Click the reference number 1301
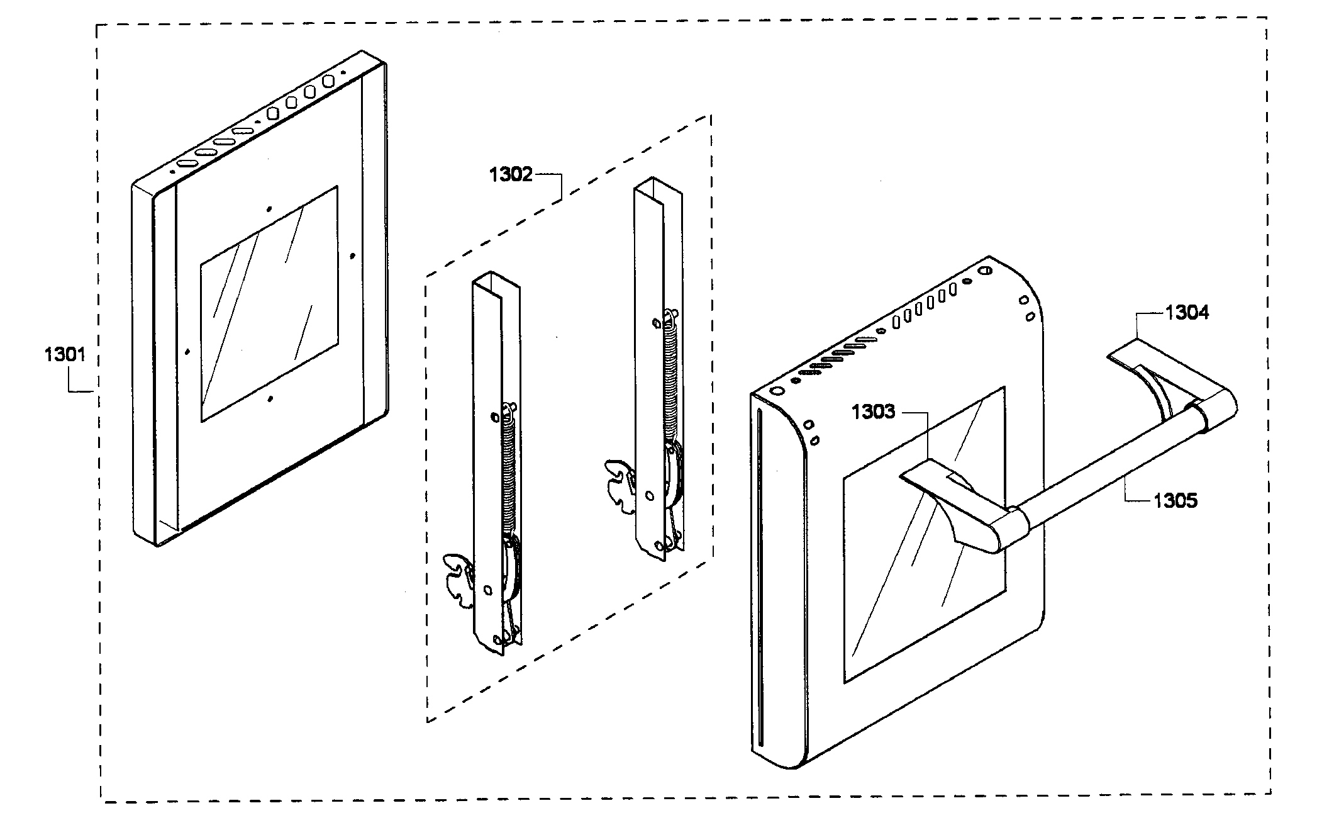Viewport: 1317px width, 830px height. [x=64, y=355]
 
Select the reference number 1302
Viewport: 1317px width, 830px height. [x=511, y=174]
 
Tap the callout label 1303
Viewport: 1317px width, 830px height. [x=873, y=412]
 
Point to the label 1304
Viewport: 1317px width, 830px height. [x=1186, y=312]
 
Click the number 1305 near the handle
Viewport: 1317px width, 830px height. [x=1175, y=501]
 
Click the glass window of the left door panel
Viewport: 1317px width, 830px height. [x=269, y=303]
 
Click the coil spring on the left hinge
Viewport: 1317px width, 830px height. [x=509, y=472]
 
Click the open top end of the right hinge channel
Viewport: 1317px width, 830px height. [x=658, y=189]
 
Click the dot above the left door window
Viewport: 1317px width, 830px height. [x=269, y=209]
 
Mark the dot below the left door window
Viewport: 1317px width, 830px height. [x=270, y=398]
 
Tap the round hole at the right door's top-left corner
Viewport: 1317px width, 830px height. [x=777, y=391]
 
